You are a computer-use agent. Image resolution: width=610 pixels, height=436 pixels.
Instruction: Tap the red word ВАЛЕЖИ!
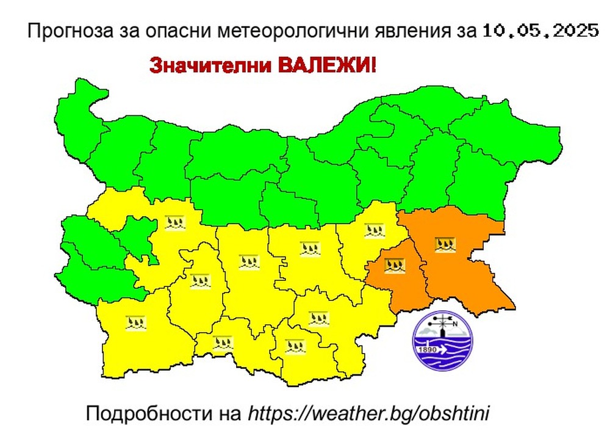point(329,65)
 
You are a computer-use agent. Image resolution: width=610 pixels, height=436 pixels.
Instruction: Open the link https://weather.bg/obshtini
point(369,413)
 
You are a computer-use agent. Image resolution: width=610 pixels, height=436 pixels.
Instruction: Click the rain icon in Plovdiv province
point(249,263)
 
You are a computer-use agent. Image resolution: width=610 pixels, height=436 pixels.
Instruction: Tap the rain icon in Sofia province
point(174,222)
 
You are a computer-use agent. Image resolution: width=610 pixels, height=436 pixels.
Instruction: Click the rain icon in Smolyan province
point(222,343)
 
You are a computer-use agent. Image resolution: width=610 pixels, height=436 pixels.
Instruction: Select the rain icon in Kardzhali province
point(295,347)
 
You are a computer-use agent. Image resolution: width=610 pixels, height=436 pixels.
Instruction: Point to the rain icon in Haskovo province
point(318,318)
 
